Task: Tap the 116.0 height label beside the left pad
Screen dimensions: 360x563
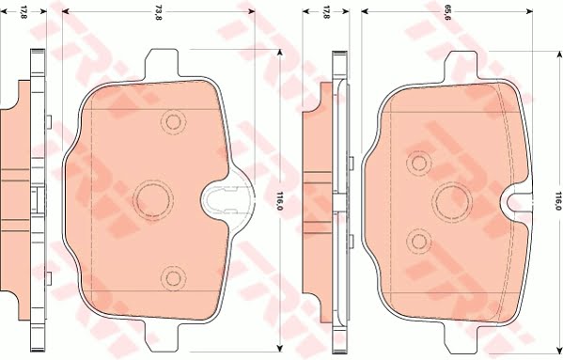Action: pyautogui.click(x=280, y=198)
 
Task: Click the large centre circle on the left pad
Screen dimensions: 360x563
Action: pyautogui.click(x=151, y=198)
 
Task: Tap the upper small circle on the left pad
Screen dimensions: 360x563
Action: pyautogui.click(x=171, y=120)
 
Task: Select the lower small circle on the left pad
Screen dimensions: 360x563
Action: pyautogui.click(x=171, y=276)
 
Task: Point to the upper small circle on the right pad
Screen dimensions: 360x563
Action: pyautogui.click(x=415, y=162)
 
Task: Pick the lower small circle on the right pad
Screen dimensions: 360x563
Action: pyautogui.click(x=415, y=242)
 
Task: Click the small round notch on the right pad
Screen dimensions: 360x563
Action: pyautogui.click(x=515, y=198)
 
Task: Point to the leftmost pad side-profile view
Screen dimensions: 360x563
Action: pyautogui.click(x=26, y=198)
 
